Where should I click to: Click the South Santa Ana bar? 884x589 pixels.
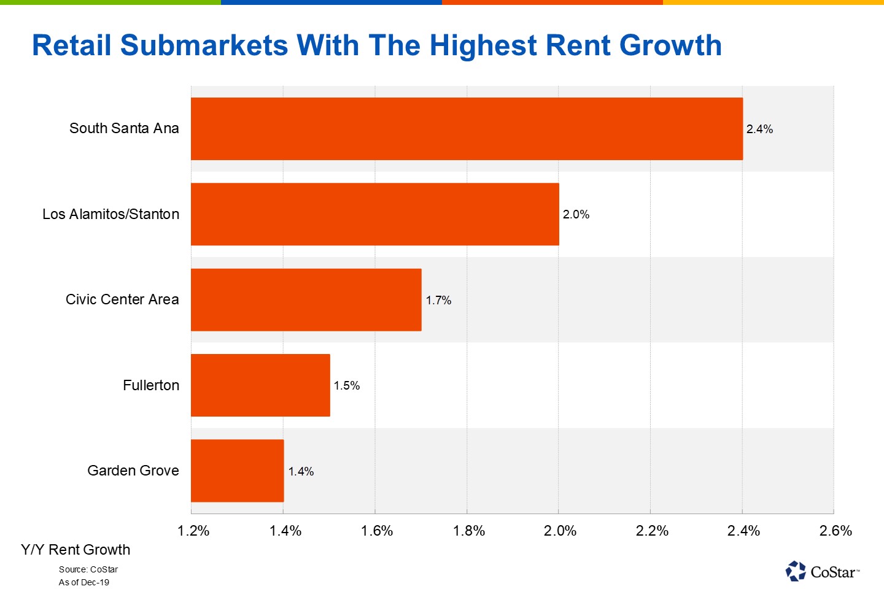[x=467, y=129]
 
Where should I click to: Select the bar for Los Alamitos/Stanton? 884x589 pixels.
[x=374, y=214]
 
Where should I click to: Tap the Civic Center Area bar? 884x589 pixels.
[x=306, y=300]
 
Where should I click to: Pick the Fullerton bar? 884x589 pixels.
[x=260, y=385]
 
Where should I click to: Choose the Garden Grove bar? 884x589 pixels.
[x=237, y=471]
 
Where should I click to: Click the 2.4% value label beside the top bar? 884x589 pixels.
[x=759, y=129]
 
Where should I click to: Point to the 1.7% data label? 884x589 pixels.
[x=438, y=300]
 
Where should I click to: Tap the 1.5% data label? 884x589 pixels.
[x=347, y=385]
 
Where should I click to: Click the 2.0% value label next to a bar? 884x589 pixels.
[x=576, y=214]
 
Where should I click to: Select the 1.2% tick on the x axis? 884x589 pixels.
[x=193, y=531]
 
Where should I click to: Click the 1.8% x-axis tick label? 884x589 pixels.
[x=469, y=531]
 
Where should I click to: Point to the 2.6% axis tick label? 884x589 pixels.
[x=836, y=531]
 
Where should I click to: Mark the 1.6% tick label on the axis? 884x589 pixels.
[x=377, y=531]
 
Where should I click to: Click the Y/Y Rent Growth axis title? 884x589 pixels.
[x=76, y=550]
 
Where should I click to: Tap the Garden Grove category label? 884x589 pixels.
[x=133, y=471]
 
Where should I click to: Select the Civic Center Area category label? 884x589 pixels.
[x=122, y=299]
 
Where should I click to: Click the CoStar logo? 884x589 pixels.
[x=822, y=572]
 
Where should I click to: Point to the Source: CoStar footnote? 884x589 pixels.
[x=88, y=569]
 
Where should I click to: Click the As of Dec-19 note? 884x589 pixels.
[x=84, y=582]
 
